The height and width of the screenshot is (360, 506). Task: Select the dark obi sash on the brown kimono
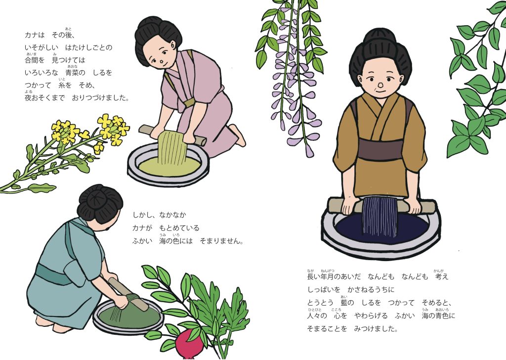(x=381, y=150)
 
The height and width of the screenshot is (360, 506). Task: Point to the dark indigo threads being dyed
(x=380, y=216)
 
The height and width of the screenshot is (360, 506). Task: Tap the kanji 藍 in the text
(x=344, y=303)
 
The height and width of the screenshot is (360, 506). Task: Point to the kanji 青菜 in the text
(x=75, y=73)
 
